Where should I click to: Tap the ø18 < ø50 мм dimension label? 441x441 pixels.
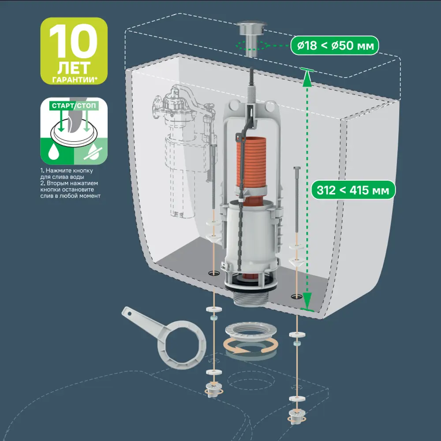(335, 45)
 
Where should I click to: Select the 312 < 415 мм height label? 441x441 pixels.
(353, 190)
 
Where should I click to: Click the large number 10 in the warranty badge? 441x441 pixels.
(73, 41)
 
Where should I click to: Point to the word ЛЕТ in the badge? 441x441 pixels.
(74, 67)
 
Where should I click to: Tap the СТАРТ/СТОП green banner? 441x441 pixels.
(74, 106)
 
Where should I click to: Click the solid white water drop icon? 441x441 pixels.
(53, 152)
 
